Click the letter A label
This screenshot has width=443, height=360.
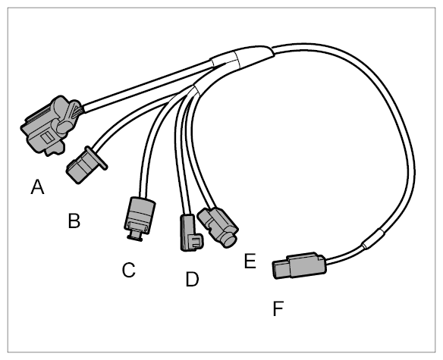point(38,187)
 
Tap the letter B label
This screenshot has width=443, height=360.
point(74,221)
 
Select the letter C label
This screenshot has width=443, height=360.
point(129,270)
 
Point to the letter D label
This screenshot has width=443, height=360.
point(193,279)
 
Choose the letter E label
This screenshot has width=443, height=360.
point(250,261)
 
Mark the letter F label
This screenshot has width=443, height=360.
point(278,308)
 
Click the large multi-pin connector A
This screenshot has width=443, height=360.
point(51,126)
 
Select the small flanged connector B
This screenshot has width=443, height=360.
point(85,165)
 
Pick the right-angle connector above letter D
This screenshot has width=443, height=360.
point(190,233)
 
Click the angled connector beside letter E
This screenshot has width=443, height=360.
point(218,227)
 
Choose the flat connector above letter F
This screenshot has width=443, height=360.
point(299,265)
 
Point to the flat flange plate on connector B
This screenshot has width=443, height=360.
point(96,158)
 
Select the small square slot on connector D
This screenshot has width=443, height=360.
point(196,243)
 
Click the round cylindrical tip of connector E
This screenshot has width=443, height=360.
point(229,239)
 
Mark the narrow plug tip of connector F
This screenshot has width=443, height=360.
point(280,270)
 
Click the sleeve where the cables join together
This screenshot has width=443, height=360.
point(242,58)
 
